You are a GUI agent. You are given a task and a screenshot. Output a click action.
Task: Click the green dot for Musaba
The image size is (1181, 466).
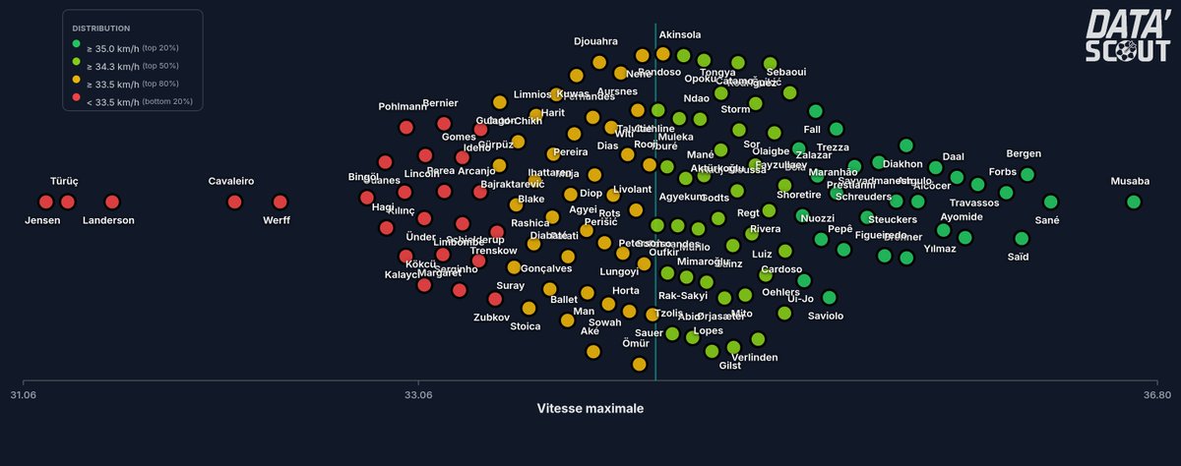pyautogui.click(x=1133, y=202)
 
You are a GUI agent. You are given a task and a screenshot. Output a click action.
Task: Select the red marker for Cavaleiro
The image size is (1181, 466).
pyautogui.click(x=234, y=202)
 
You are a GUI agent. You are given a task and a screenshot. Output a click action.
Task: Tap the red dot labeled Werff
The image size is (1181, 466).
pyautogui.click(x=280, y=202)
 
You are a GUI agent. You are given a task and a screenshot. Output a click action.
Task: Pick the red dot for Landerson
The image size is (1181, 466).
pyautogui.click(x=112, y=202)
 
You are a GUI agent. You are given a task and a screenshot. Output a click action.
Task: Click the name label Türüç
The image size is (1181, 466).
pyautogui.click(x=64, y=182)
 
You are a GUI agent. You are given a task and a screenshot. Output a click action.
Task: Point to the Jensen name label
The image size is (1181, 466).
pyautogui.click(x=42, y=220)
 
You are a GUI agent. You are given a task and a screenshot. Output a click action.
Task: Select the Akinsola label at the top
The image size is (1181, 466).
pyautogui.click(x=680, y=35)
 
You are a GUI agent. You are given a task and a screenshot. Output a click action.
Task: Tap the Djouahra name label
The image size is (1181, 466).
pyautogui.click(x=595, y=41)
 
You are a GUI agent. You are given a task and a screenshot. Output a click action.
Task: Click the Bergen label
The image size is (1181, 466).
pyautogui.click(x=1024, y=154)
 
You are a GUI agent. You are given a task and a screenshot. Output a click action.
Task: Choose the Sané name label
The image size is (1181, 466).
pyautogui.click(x=1047, y=221)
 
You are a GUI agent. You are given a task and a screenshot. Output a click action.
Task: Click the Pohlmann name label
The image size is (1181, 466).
pyautogui.click(x=403, y=106)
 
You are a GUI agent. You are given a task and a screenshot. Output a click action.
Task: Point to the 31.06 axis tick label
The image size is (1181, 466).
pyautogui.click(x=24, y=395)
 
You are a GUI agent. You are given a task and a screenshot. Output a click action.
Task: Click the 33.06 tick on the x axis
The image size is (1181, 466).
pyautogui.click(x=418, y=395)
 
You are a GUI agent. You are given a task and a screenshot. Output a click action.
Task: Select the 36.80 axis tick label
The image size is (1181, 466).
pyautogui.click(x=1156, y=395)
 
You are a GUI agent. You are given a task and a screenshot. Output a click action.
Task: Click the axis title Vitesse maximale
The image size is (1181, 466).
pyautogui.click(x=590, y=408)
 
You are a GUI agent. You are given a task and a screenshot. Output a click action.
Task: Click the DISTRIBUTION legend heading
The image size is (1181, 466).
pyautogui.click(x=100, y=29)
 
